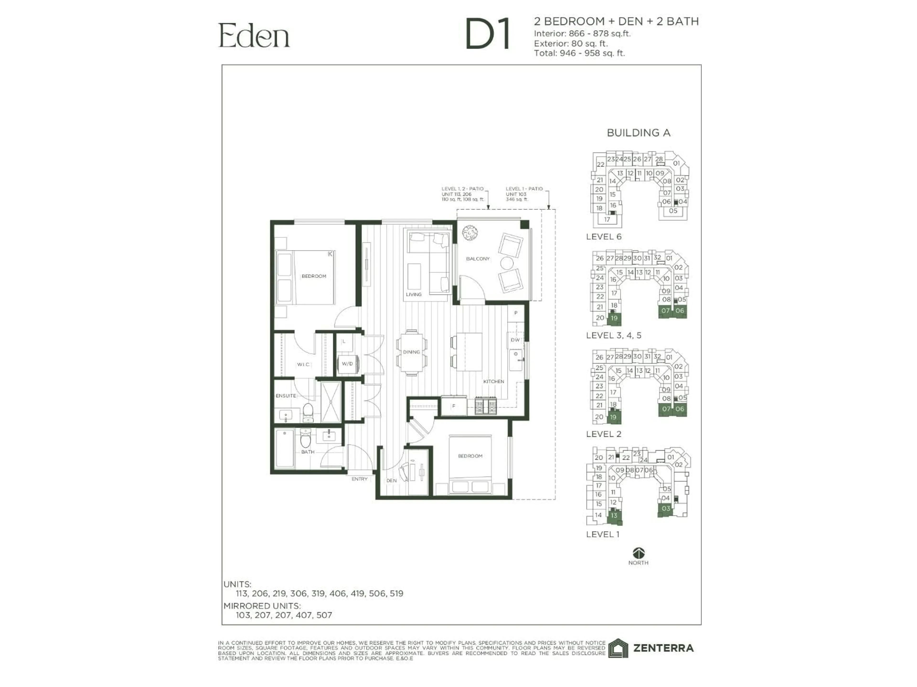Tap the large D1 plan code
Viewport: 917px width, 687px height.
(x=488, y=34)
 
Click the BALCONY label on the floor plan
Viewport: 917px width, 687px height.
(x=478, y=259)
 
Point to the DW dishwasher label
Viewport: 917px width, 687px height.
(x=515, y=340)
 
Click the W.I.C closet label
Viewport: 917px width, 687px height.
(x=303, y=364)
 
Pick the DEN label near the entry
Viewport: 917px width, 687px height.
(x=391, y=481)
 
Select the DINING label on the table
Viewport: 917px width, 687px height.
(x=411, y=352)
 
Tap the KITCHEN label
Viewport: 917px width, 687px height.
(x=493, y=381)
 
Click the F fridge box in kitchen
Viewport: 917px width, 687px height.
(x=453, y=406)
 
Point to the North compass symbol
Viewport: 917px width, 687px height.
(x=638, y=553)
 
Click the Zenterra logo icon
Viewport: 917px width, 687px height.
(x=618, y=648)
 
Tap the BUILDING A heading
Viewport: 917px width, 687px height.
(x=638, y=133)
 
